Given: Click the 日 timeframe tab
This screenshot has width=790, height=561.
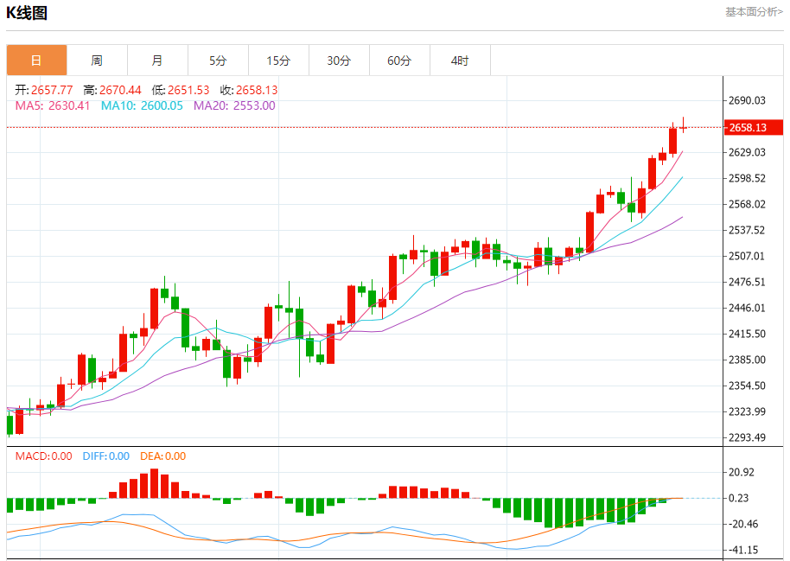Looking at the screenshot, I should [x=36, y=61].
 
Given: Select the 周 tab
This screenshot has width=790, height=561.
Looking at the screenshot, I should [x=97, y=61].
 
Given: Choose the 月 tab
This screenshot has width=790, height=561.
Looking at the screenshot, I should [x=157, y=61].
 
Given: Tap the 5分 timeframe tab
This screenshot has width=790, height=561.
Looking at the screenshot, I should [x=218, y=61].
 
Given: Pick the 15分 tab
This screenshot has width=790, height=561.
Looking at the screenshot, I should [x=278, y=61].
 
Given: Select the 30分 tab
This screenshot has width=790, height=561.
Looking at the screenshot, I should [x=339, y=61].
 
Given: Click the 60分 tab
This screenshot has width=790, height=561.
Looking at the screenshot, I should [x=399, y=61].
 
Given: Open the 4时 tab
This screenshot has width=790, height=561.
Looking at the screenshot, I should [x=460, y=61].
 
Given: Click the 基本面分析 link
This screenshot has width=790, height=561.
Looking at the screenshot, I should [x=754, y=12].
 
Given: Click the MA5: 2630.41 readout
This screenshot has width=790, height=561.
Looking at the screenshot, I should [x=53, y=105].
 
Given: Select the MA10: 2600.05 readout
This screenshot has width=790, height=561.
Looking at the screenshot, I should [x=142, y=105].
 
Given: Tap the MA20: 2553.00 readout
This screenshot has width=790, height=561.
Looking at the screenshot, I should [x=234, y=105].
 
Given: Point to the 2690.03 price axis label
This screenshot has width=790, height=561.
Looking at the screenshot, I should [x=748, y=100].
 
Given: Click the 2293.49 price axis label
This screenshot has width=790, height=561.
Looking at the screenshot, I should [x=748, y=437].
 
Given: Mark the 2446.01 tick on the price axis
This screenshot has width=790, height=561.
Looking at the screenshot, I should [x=748, y=308].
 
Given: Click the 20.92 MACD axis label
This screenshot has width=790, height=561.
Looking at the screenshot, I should [x=742, y=472].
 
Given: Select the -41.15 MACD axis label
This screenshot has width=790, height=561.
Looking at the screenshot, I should [x=742, y=550].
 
